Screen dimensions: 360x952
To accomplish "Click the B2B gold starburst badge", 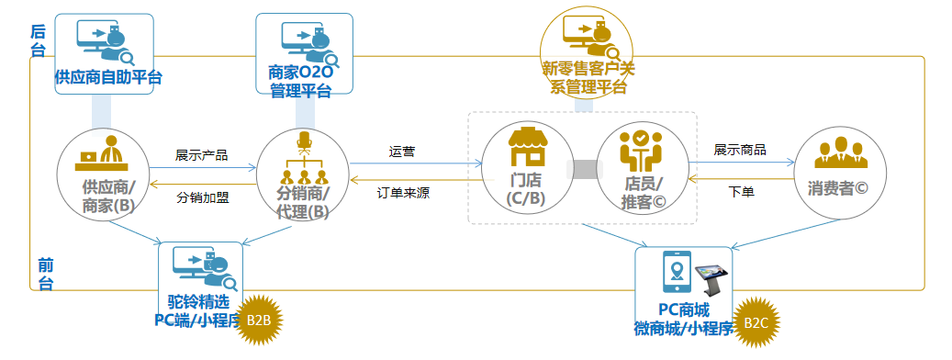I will pyautogui.click(x=258, y=320).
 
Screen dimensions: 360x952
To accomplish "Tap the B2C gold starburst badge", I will pyautogui.click(x=756, y=321).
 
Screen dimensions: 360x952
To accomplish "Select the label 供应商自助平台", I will pyautogui.click(x=108, y=76).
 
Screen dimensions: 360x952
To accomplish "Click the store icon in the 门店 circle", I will pyautogui.click(x=527, y=144).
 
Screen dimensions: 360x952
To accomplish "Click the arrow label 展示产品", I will pyautogui.click(x=201, y=154).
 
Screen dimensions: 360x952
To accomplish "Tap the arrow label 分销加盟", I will pyautogui.click(x=201, y=197).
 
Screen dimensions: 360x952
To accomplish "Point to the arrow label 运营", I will pyautogui.click(x=401, y=152).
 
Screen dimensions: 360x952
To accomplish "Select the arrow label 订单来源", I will pyautogui.click(x=403, y=194).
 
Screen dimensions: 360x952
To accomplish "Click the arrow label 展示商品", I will pyautogui.click(x=740, y=150).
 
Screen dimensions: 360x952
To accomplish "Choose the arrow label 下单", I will pyautogui.click(x=741, y=193).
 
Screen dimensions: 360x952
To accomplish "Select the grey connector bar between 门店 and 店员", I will pyautogui.click(x=586, y=169).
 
